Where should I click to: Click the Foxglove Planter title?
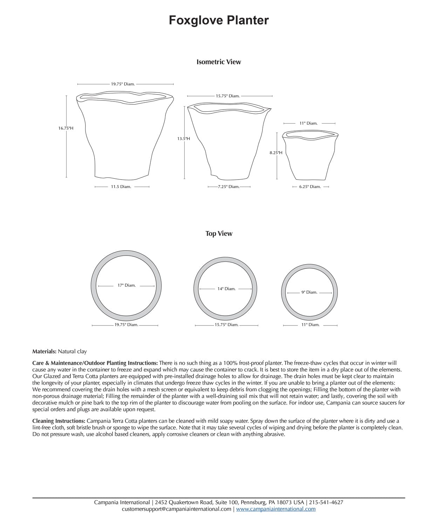pos(219,20)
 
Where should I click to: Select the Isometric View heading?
pos(219,62)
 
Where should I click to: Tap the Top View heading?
pos(219,233)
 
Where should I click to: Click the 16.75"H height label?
pos(66,128)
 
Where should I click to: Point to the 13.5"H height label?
pos(184,139)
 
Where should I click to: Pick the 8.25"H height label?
pos(276,153)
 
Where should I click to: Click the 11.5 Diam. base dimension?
pos(121,187)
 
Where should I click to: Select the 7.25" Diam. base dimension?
pos(228,187)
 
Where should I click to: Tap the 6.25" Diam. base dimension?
pos(310,187)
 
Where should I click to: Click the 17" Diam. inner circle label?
pos(126,285)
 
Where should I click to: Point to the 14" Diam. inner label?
pos(226,289)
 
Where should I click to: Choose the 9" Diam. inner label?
pos(309,292)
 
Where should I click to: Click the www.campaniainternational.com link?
pos(276,509)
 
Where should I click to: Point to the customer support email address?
pos(177,509)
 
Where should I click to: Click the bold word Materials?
pos(44,351)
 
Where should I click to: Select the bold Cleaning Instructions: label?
pos(59,421)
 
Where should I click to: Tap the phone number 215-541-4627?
pos(326,502)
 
